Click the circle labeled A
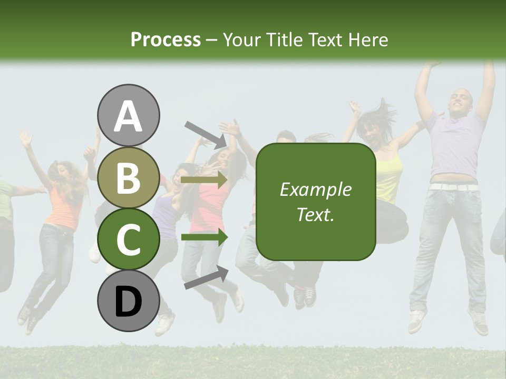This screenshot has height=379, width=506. (129, 115)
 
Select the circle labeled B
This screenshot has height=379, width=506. (129, 177)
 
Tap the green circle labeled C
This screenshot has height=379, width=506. (129, 239)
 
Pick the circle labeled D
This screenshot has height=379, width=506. (129, 301)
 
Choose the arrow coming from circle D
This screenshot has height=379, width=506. (206, 277)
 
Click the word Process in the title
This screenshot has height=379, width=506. (166, 39)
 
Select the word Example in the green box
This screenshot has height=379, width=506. (315, 189)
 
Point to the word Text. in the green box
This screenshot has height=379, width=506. (315, 214)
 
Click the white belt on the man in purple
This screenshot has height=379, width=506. (452, 186)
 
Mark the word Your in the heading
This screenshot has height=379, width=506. (242, 39)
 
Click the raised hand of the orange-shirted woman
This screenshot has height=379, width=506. (25, 138)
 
